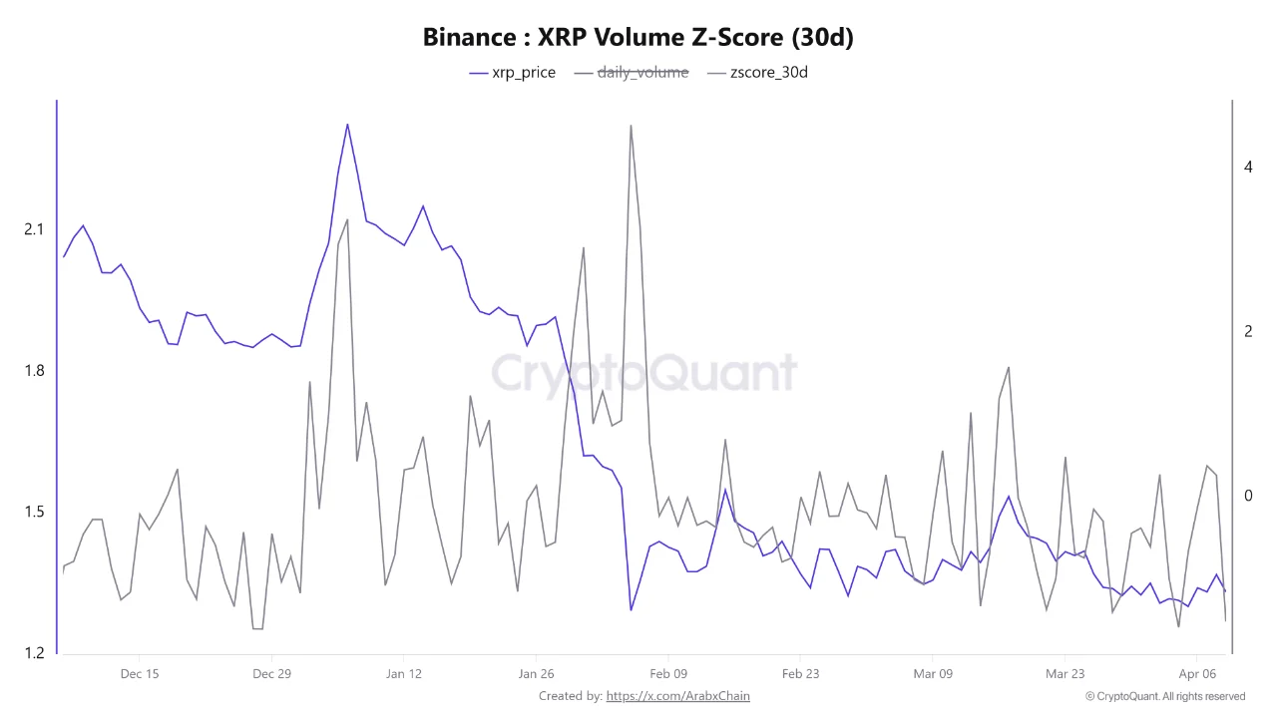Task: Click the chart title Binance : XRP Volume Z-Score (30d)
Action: [x=638, y=38]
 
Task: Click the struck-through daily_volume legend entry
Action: [x=642, y=72]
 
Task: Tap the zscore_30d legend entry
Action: [x=768, y=72]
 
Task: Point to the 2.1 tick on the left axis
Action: [x=34, y=229]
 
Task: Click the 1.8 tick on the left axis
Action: [x=34, y=371]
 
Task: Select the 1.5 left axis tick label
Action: [x=34, y=513]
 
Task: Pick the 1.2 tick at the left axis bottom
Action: [x=34, y=653]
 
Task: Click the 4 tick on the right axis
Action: [x=1248, y=168]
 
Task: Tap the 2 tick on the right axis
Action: [x=1248, y=331]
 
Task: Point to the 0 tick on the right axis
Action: [x=1248, y=496]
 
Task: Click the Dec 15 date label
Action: [x=139, y=674]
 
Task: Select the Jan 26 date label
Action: [x=536, y=674]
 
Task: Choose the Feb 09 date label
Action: [x=667, y=674]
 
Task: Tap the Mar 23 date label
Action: [x=1064, y=674]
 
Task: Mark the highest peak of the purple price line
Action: [x=347, y=125]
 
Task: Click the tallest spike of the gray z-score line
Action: [x=631, y=126]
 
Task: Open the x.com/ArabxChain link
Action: [x=677, y=696]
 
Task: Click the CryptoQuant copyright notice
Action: [x=1164, y=696]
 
